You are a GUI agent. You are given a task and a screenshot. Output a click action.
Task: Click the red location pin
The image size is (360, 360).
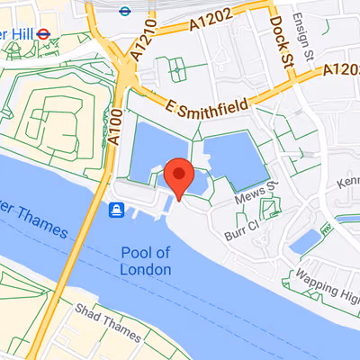coord(179,175)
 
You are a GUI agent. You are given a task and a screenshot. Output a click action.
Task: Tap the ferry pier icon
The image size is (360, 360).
coord(117,211)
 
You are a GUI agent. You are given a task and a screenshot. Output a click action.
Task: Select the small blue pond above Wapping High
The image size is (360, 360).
coord(307,240)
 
